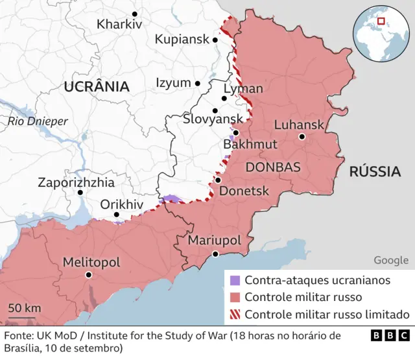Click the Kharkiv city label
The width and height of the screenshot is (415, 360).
pos(119,25)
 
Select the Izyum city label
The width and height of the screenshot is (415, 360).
pos(173,83)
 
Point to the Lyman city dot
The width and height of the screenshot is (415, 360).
pos(224,99)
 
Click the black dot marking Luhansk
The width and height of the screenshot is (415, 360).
pos(302,137)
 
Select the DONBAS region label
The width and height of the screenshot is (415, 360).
pos(273,167)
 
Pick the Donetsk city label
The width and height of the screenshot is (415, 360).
pos(244,191)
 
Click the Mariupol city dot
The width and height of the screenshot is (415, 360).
pos(215,254)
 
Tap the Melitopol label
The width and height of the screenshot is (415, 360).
pos(91,262)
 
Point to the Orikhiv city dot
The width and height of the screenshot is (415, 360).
pos(117,215)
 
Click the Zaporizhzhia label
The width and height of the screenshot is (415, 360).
pos(76,182)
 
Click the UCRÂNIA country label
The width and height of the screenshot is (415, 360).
pos(96,86)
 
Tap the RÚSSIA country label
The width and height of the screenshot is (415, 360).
pos(375,172)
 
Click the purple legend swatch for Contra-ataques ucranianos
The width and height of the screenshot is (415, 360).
pos(235,281)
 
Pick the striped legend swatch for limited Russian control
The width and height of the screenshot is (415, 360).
pos(235,315)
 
